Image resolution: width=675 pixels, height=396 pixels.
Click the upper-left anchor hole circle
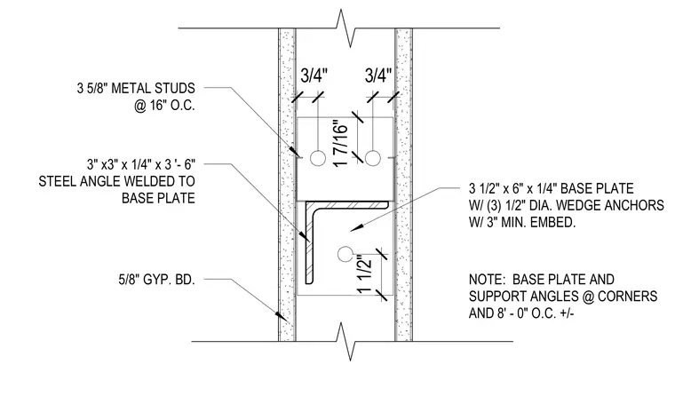[318, 158]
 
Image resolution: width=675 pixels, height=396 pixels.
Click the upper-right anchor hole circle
[373, 158]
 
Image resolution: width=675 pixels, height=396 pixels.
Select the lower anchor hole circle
[345, 254]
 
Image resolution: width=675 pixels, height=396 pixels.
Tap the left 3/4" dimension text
[314, 75]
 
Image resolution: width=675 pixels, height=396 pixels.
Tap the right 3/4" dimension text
[378, 75]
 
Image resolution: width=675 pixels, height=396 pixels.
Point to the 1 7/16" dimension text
[340, 145]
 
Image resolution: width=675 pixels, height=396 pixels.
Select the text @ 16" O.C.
[164, 106]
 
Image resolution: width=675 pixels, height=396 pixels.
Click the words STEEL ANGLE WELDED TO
[116, 181]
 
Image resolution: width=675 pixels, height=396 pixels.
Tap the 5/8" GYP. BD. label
[156, 280]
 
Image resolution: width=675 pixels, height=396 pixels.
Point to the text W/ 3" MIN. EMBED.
[522, 223]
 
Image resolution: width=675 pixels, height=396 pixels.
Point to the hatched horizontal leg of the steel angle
[347, 205]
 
